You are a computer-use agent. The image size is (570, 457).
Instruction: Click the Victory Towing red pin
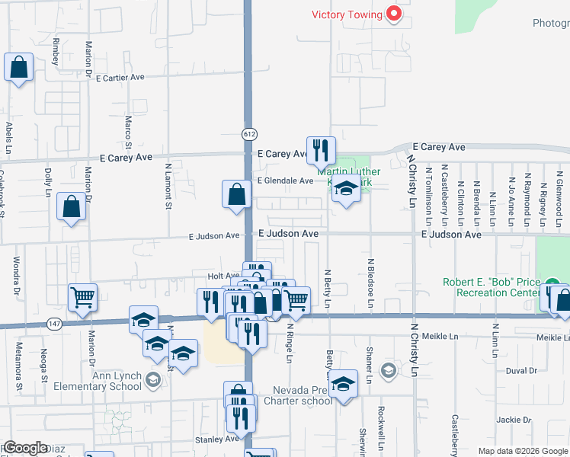click(x=394, y=14)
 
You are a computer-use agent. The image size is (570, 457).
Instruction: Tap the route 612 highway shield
click(x=249, y=133)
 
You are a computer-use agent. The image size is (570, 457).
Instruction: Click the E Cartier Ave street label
click(x=120, y=77)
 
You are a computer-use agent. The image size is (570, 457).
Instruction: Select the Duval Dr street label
click(x=521, y=370)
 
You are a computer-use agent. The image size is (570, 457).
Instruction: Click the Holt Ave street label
click(x=224, y=276)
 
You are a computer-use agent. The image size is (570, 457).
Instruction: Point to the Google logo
click(x=25, y=448)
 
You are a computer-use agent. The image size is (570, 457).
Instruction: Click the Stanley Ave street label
click(x=216, y=439)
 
